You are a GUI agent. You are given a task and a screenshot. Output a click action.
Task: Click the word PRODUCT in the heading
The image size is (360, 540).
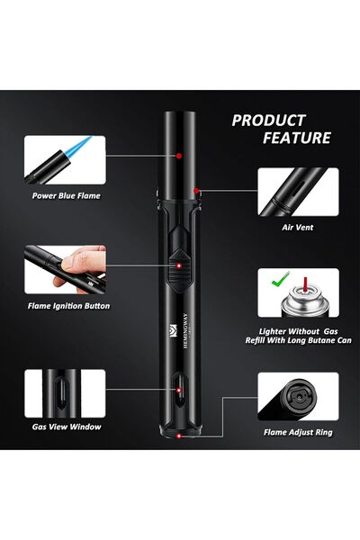(x=269, y=120)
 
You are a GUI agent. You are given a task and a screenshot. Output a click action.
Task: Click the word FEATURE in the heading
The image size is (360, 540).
(x=297, y=138)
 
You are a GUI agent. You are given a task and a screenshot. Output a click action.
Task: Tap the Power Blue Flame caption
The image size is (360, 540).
(x=67, y=194)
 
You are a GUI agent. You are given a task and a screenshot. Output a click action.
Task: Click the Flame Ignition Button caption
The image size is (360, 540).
(x=68, y=306)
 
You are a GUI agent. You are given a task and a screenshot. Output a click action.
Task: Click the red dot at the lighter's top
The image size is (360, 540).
(x=180, y=155)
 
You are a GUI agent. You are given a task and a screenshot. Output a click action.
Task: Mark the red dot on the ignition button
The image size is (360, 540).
(x=179, y=266)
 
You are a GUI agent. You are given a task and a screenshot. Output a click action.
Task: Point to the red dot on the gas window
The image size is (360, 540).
(x=179, y=389)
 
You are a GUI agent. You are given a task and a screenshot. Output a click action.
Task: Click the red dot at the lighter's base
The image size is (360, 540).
(x=181, y=436)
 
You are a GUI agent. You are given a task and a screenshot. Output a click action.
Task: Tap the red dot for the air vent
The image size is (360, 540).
(x=196, y=190)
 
